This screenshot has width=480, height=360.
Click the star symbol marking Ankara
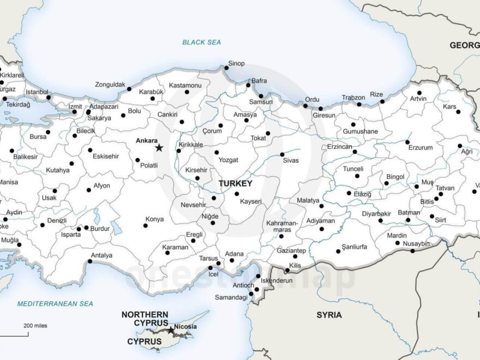pos(159,148)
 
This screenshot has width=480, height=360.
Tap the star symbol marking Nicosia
pos(171,330)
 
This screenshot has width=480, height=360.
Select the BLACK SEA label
pos(201,42)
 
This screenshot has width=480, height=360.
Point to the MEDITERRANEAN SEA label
pos(55,303)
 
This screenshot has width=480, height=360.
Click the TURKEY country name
pos(235,184)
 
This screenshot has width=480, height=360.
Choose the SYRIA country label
pos(329,315)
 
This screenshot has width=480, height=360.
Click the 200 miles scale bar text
pos(35,326)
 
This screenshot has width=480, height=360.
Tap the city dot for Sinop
pos(226,68)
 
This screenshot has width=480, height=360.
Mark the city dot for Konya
pos(146,225)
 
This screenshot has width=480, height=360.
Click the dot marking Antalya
pos(90,261)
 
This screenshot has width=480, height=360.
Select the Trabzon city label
pos(353,98)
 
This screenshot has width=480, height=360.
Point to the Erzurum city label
pos(421,147)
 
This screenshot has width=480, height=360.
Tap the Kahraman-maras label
pos(281,226)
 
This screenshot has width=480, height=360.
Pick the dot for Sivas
pos(282,154)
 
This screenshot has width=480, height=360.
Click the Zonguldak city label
pos(110,85)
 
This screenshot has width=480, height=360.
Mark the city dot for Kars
pos(458,112)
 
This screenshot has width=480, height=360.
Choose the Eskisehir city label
pos(105,156)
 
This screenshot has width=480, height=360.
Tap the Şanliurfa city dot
pos(337,251)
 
